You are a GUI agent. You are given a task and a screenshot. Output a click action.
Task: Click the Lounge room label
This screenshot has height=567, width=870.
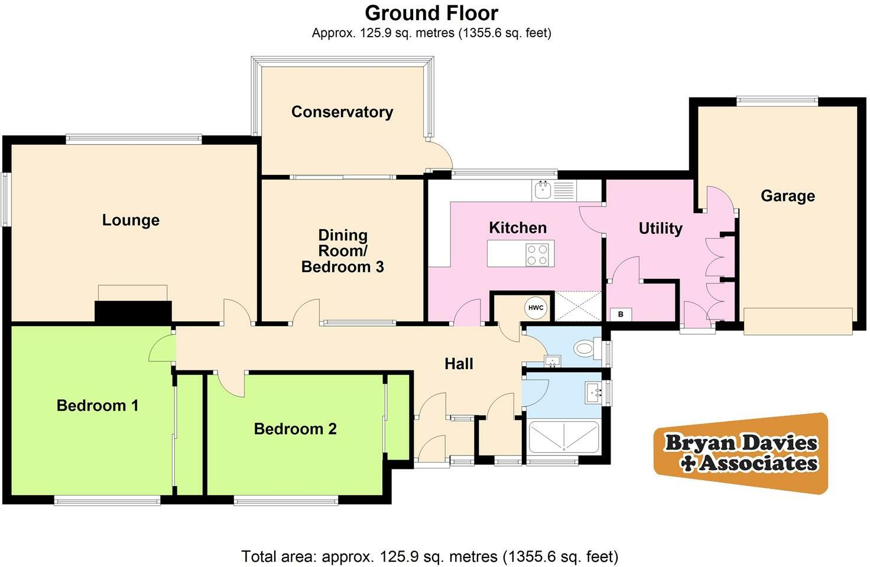131,220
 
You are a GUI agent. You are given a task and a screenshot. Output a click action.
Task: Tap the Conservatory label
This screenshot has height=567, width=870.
342,112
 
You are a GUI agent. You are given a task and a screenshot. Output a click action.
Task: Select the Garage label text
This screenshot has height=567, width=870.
787,196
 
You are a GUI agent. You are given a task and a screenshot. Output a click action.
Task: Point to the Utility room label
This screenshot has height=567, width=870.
660,229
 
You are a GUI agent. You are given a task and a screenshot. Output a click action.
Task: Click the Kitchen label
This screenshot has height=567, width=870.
517,228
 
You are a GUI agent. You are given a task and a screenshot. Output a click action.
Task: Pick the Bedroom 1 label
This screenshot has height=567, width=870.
98,406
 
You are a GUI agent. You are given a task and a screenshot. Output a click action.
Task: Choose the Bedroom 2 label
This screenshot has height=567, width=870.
295,429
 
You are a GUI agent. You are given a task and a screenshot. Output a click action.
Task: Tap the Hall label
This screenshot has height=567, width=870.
459,364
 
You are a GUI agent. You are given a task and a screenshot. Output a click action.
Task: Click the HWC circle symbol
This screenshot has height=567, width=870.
535,308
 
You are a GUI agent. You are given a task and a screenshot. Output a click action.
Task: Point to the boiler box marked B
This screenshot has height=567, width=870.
620,314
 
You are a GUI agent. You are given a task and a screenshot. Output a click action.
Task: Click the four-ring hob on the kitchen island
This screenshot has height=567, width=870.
537,255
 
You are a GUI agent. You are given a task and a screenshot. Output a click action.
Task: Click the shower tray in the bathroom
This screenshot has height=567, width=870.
563,438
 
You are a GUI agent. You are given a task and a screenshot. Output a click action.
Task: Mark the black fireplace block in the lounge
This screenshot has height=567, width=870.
133,311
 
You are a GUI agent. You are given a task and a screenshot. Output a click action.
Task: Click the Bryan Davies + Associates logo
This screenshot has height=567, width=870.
741,453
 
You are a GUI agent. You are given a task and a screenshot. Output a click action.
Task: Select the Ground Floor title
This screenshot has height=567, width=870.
431,13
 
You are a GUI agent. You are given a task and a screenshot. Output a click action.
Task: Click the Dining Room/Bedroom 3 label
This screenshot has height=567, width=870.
343,251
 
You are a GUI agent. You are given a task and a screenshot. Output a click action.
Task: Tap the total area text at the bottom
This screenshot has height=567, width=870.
430,556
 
